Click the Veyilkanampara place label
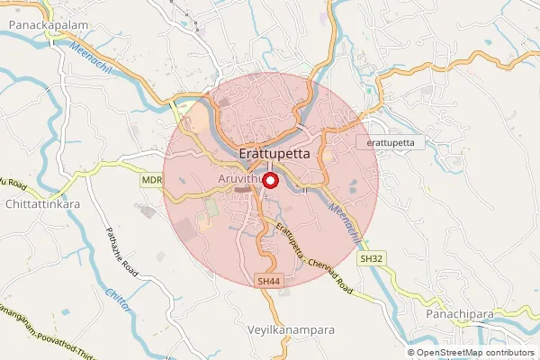tap(291, 330)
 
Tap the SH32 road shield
tap(370, 258)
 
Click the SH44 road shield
tap(267, 280)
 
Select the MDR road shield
tap(151, 180)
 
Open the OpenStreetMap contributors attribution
tap(476, 352)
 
